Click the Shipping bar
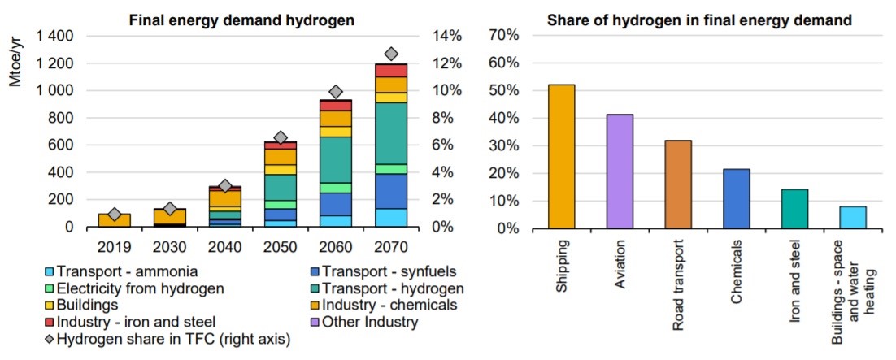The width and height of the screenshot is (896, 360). (561, 156)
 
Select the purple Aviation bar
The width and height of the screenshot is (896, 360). (620, 171)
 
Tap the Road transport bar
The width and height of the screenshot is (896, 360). (677, 184)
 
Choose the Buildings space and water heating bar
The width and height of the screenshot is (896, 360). (852, 217)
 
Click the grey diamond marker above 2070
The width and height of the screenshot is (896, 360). (391, 54)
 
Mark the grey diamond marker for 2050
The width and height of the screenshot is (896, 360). (281, 137)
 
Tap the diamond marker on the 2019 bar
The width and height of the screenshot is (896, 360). (115, 215)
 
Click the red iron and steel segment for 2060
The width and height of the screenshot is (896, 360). (336, 106)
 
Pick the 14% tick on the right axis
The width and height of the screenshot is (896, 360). (446, 36)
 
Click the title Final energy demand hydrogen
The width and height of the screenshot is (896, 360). (241, 19)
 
